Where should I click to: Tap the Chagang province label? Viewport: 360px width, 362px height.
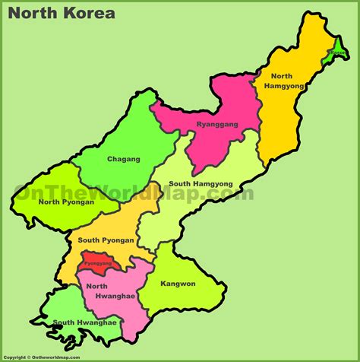point(124,159)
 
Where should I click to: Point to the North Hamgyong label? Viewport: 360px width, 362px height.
point(282,81)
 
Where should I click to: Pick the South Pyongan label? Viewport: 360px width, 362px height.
point(106,240)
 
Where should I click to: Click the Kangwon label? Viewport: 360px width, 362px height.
point(178,284)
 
